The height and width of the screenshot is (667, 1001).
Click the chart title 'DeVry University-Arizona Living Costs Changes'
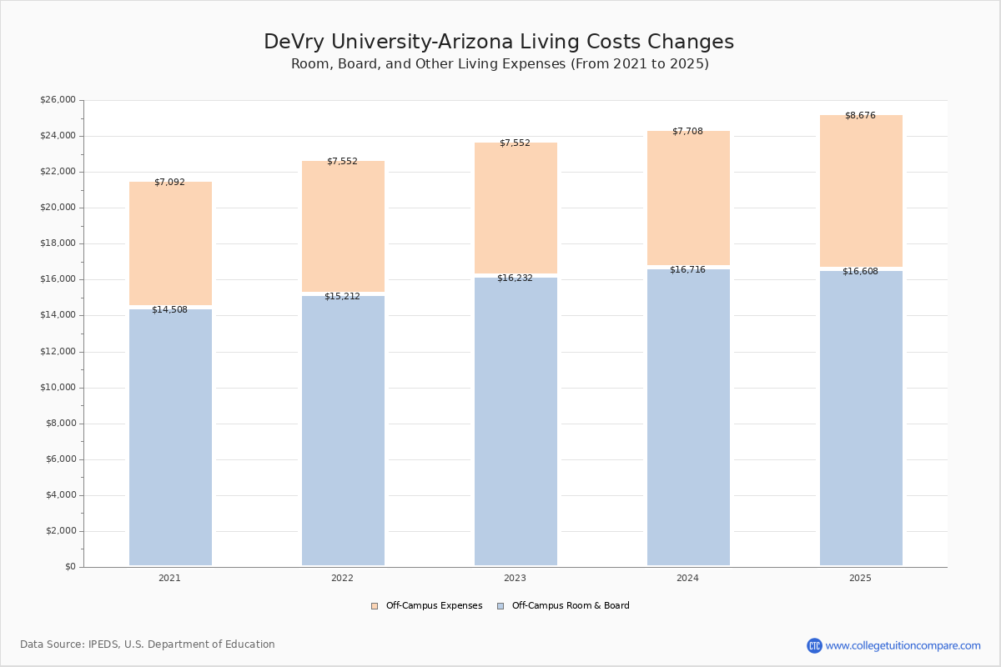499,43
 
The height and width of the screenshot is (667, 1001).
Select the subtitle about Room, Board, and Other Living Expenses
500,64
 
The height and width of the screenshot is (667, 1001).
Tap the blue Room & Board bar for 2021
170,438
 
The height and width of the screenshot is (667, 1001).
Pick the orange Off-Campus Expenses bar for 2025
861,192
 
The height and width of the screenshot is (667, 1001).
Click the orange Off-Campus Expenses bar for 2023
516,208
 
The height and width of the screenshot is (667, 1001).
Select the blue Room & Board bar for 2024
688,417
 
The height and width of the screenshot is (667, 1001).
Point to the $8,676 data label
860,116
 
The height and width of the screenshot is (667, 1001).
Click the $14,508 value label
169,310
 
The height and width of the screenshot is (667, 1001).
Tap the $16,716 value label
687,270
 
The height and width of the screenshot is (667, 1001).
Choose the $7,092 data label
169,183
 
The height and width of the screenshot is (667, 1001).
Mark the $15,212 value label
342,297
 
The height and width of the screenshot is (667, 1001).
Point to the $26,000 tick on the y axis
58,100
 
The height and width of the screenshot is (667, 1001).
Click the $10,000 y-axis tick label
58,388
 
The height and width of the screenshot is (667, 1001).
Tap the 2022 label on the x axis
342,579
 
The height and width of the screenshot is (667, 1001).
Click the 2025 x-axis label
860,579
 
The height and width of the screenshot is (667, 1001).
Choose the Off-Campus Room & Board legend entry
571,606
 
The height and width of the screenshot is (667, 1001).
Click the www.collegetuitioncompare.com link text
903,646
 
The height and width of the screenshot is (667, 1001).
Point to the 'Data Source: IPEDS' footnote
148,644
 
